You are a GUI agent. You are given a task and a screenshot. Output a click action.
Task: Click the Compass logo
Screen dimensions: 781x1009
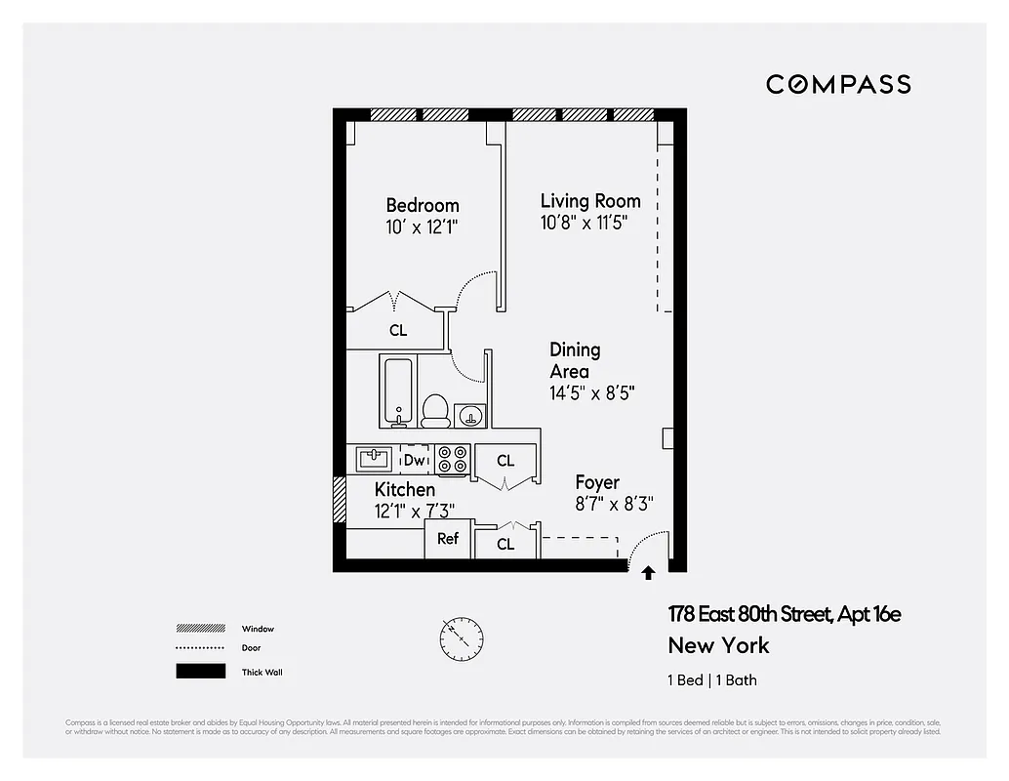click(838, 85)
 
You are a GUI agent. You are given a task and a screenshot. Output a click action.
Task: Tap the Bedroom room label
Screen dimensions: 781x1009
click(422, 205)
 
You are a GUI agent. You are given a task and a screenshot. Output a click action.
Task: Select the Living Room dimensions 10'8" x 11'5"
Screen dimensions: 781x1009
click(584, 223)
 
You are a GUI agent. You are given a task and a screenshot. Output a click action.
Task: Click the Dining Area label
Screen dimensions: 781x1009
click(574, 360)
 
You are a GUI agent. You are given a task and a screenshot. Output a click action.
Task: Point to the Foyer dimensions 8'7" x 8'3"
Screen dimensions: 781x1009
click(613, 504)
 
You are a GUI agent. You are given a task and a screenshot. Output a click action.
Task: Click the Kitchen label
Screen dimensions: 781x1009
click(405, 489)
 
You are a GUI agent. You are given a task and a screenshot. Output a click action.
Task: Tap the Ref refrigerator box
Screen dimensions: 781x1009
click(448, 538)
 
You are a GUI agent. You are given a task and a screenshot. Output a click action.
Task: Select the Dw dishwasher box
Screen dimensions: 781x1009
click(415, 459)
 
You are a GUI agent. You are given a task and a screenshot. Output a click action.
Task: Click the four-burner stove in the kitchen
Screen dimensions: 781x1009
click(453, 459)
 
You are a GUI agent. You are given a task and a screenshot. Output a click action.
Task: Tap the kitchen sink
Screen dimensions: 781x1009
click(374, 458)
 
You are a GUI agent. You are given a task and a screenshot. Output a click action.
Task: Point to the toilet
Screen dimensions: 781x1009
click(434, 410)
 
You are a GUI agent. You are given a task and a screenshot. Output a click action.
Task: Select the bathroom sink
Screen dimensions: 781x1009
click(470, 415)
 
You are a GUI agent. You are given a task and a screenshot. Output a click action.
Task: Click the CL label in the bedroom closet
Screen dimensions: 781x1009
click(398, 331)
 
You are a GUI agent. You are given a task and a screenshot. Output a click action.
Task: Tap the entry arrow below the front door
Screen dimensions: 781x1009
click(648, 574)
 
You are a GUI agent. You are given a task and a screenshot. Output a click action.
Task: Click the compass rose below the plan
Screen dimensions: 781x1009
click(461, 638)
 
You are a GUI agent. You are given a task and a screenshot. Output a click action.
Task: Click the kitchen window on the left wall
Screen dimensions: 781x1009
click(340, 500)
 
